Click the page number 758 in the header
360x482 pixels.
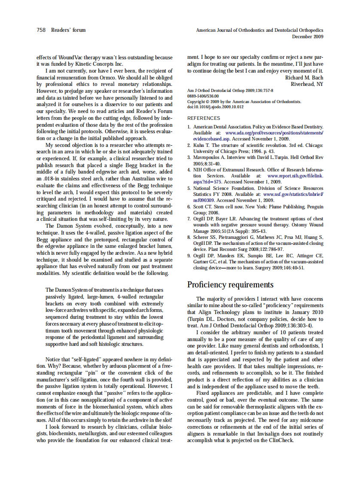click(x=41, y=30)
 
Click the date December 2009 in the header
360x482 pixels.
click(x=308, y=37)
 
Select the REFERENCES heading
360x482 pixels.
click(x=204, y=118)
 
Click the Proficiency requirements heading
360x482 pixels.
click(x=230, y=285)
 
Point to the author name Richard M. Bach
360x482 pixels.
click(x=304, y=78)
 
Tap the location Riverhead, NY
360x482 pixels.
click(x=307, y=84)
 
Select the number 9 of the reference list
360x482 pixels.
click(x=189, y=256)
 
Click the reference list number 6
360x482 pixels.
click(x=189, y=207)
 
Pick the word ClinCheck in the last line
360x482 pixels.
click(x=282, y=440)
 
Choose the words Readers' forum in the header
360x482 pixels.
click(x=68, y=30)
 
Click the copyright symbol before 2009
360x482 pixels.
click(x=207, y=102)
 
